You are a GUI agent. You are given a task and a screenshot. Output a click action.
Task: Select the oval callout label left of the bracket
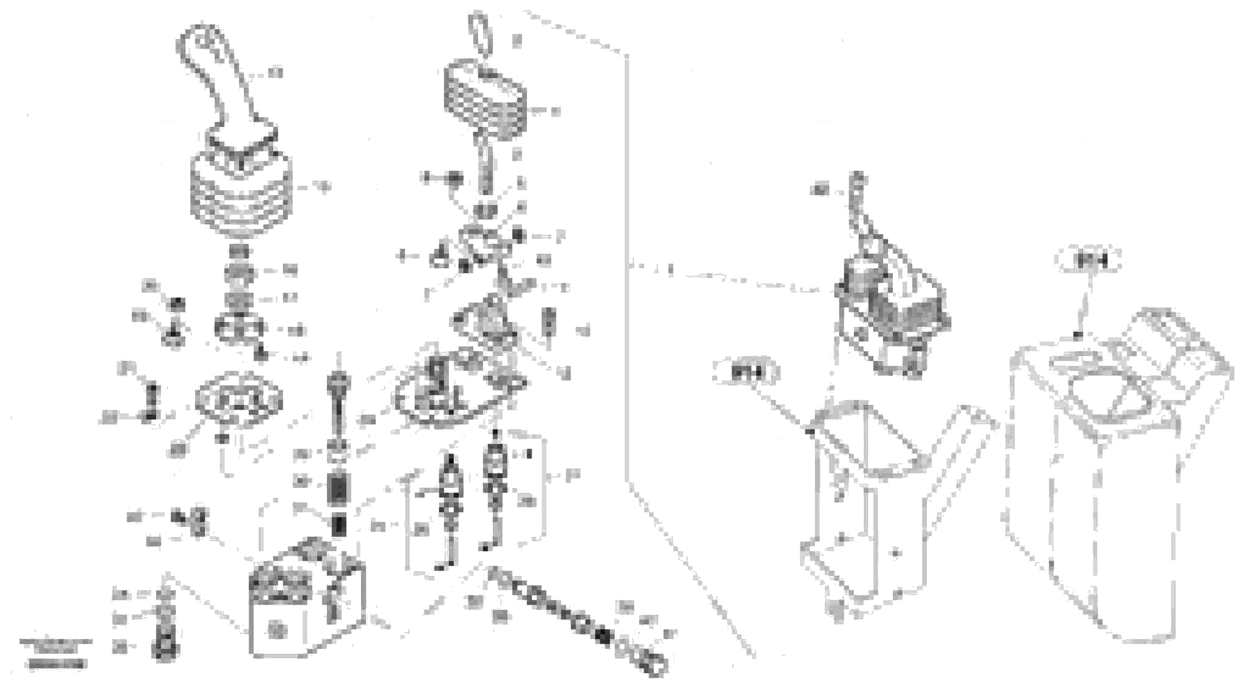(746, 372)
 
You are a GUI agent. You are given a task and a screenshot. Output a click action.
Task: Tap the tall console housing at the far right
(1115, 475)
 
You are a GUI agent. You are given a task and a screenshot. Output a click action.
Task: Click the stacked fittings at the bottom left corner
(165, 625)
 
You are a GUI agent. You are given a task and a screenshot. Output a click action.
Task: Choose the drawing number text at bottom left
(56, 664)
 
